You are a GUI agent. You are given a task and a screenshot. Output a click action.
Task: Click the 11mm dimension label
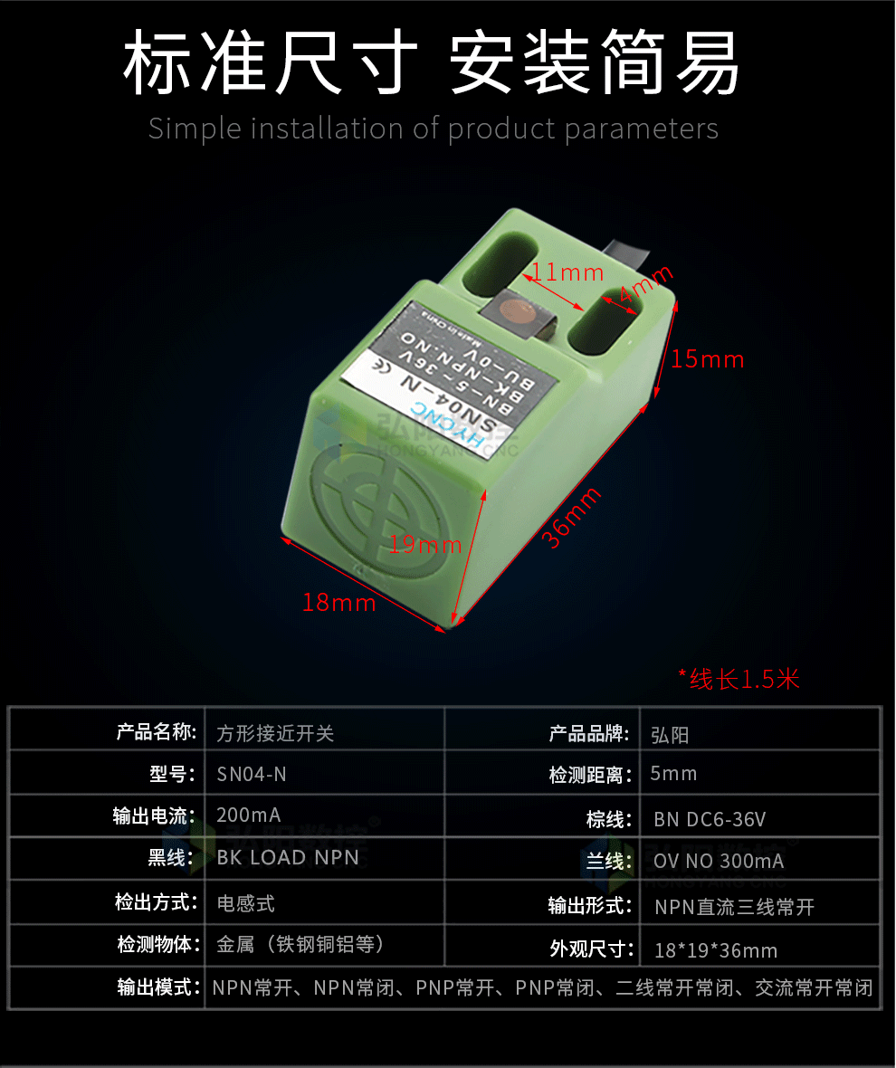pos(567,272)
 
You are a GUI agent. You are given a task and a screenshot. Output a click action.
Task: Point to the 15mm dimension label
pos(708,359)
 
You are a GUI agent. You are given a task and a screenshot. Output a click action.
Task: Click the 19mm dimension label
pos(425,545)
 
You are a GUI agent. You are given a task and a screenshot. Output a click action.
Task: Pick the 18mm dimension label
pos(339,602)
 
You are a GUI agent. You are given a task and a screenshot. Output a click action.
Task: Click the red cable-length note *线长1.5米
pos(739,679)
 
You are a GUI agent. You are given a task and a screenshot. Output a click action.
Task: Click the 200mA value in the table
pos(249,815)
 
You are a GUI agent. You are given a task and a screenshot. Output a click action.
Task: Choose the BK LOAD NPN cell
pos(288,857)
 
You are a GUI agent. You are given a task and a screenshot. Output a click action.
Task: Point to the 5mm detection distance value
pos(674,773)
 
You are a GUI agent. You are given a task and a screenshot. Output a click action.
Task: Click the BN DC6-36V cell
pos(710,820)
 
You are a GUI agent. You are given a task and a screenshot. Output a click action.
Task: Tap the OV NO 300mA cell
pos(719,861)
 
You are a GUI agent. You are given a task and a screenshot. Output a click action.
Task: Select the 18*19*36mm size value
pos(716,950)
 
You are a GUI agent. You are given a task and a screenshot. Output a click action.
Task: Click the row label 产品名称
pos(156,731)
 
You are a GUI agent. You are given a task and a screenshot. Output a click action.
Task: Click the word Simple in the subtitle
pos(195,129)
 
